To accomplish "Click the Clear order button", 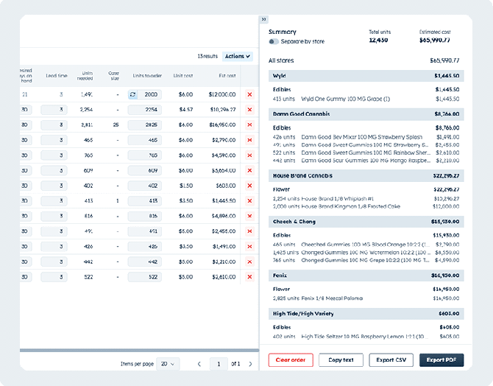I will [x=291, y=360].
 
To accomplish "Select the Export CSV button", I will [x=391, y=360].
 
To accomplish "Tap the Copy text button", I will [x=341, y=360].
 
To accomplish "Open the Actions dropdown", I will [x=237, y=56].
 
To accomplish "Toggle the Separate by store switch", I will [x=274, y=42].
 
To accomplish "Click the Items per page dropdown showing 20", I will [x=169, y=363].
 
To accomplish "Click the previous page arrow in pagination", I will [x=199, y=363].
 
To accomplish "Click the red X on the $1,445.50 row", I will [x=249, y=200].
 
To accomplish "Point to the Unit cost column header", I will [x=182, y=75].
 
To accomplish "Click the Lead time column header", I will [x=57, y=75].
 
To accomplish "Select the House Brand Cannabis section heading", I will [x=302, y=175].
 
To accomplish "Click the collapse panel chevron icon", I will [x=264, y=19].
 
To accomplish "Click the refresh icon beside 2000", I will [x=132, y=94].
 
